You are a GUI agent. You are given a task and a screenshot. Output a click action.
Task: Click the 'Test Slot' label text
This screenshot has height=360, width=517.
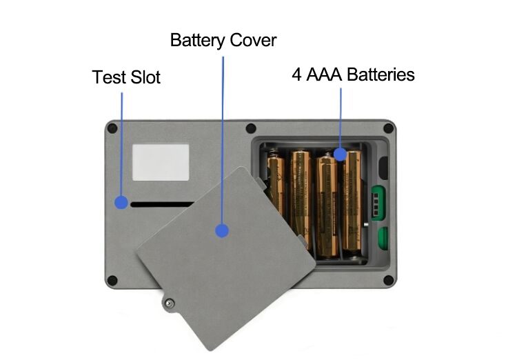(126, 77)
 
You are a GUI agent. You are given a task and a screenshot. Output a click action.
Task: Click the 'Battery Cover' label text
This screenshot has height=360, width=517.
(223, 40)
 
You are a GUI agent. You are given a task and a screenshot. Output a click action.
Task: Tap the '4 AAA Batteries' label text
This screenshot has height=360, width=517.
(353, 74)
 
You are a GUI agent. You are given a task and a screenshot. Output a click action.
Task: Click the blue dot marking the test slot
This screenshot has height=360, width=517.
(121, 203)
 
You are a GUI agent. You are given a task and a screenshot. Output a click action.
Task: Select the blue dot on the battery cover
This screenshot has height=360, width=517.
(221, 230)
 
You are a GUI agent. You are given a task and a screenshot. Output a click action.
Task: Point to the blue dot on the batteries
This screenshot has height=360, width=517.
(340, 153)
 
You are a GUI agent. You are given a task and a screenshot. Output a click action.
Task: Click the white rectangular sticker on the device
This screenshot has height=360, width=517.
(160, 163)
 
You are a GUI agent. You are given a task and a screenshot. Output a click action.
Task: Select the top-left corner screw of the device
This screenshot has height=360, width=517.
(112, 128)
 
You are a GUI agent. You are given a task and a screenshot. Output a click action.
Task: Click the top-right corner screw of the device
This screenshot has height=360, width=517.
(388, 128)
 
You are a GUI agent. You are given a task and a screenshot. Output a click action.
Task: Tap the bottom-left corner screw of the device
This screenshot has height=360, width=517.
(112, 281)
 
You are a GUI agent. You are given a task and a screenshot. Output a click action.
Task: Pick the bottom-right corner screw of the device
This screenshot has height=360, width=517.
(388, 281)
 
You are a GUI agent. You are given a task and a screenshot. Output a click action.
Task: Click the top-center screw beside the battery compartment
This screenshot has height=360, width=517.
(251, 128)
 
